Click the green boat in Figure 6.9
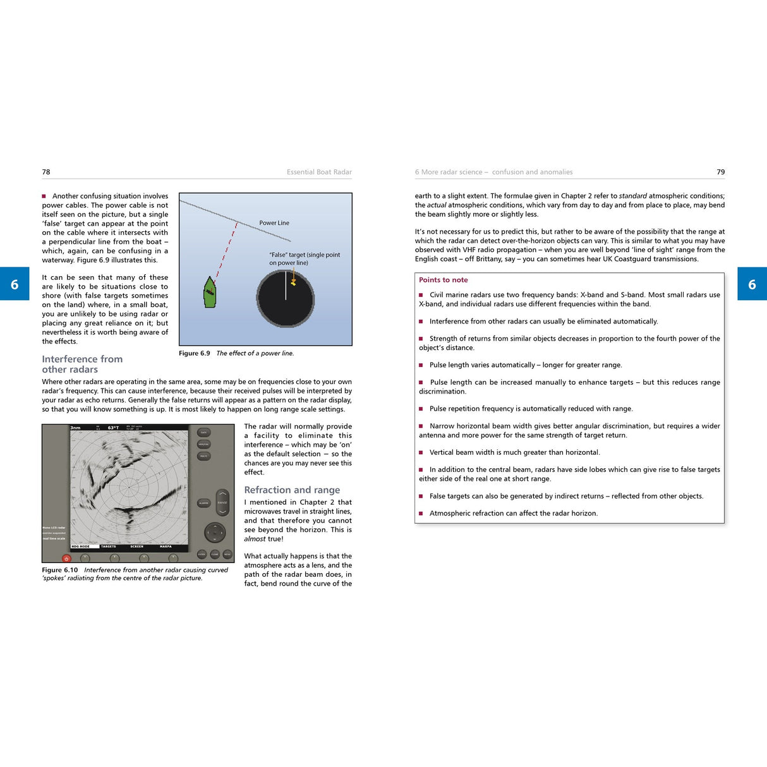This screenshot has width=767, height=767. click(x=210, y=293)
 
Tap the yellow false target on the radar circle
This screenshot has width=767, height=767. click(x=293, y=282)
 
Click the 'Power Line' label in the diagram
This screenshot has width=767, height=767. click(x=274, y=223)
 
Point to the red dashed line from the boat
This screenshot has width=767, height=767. click(x=227, y=250)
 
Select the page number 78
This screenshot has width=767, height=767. click(x=46, y=172)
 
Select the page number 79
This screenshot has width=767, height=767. click(x=720, y=172)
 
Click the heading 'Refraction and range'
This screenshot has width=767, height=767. click(x=292, y=490)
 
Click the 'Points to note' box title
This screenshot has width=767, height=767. click(x=443, y=280)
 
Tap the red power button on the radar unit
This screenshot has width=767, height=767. click(x=66, y=559)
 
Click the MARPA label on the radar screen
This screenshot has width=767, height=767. click(x=166, y=547)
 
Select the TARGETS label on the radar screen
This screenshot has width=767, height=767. click(x=109, y=547)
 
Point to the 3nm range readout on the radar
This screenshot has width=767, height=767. click(x=76, y=428)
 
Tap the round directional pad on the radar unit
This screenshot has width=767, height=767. click(x=215, y=533)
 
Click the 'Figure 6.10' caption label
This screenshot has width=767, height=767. click(x=60, y=570)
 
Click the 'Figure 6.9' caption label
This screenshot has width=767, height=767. click(x=194, y=353)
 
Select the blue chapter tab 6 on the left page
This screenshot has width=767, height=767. click(x=15, y=284)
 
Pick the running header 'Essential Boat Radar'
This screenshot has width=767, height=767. click(x=319, y=172)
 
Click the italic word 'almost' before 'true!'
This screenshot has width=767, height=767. click(x=255, y=539)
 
